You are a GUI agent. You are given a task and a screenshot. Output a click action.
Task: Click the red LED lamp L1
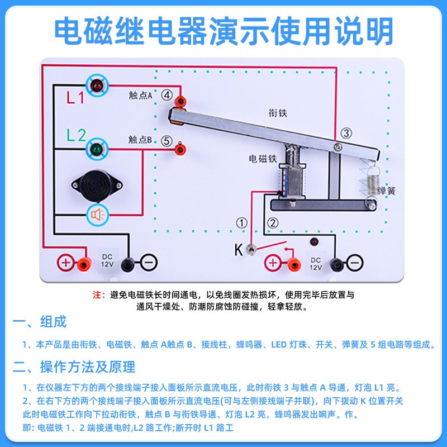pyautogui.click(x=97, y=86)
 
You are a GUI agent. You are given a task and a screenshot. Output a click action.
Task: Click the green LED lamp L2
pyautogui.click(x=97, y=149)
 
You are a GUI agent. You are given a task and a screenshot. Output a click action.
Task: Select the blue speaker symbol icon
pyautogui.click(x=97, y=215)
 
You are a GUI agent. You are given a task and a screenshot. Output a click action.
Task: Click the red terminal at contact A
pyautogui.click(x=180, y=101)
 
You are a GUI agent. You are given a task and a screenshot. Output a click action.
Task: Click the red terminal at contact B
pyautogui.click(x=180, y=149)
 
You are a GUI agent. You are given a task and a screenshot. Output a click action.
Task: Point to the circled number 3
pyautogui.click(x=346, y=133)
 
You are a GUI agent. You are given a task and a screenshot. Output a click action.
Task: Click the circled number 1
pyautogui.click(x=241, y=223)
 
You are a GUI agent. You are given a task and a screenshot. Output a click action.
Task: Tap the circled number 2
pyautogui.click(x=273, y=223)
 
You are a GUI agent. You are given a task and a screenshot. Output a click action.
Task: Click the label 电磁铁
pyautogui.click(x=263, y=159)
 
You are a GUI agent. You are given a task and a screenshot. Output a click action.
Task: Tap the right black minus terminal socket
pyautogui.click(x=336, y=263)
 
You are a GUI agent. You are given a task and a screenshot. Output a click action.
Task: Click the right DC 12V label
pyautogui.click(x=316, y=263)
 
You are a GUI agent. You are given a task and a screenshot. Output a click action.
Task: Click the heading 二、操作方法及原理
pyautogui.click(x=74, y=367)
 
